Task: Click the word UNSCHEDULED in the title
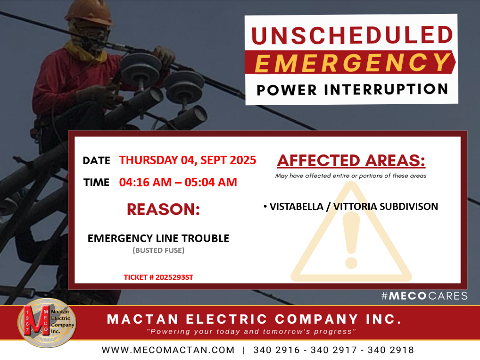[x=352, y=35]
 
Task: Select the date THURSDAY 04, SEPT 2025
[x=188, y=160]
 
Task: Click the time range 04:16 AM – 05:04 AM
[x=178, y=182]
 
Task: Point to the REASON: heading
[x=164, y=209]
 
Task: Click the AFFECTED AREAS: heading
[x=351, y=160]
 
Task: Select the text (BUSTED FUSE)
[x=158, y=251]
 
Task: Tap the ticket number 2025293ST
[x=174, y=277]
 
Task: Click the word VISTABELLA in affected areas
[x=296, y=207]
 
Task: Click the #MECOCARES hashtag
[x=424, y=296]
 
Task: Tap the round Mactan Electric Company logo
[x=47, y=323]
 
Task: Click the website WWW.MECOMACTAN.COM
[x=168, y=350]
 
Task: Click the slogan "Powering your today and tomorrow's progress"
[x=251, y=332]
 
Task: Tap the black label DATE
[x=97, y=160]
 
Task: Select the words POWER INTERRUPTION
[x=352, y=90]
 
